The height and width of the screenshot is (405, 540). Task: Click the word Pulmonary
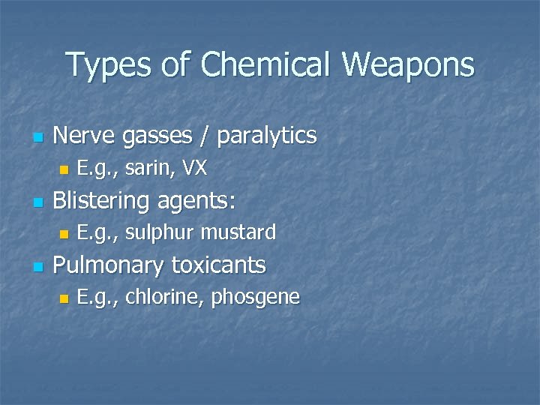point(109,265)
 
